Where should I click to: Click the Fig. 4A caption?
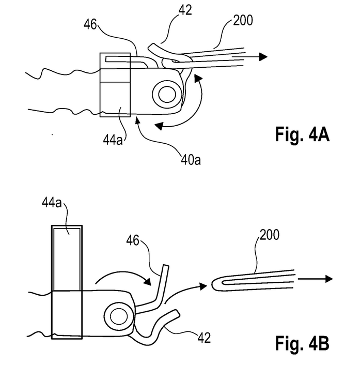coord(302,134)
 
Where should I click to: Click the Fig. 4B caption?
coord(302,343)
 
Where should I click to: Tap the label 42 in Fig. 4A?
coord(185,10)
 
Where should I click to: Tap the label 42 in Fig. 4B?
coord(204,338)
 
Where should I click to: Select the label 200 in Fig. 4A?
coord(243,20)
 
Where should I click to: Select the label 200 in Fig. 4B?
coord(270,235)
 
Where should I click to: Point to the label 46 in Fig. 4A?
coord(90,24)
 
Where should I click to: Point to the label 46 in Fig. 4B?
coord(133,240)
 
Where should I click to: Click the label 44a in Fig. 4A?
coord(113,140)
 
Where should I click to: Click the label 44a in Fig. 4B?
coord(52,203)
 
